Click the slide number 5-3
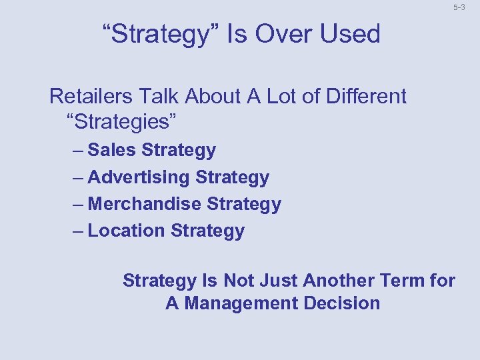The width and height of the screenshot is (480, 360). click(459, 8)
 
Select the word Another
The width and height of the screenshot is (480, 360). click(339, 281)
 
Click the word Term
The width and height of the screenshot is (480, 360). click(403, 281)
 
